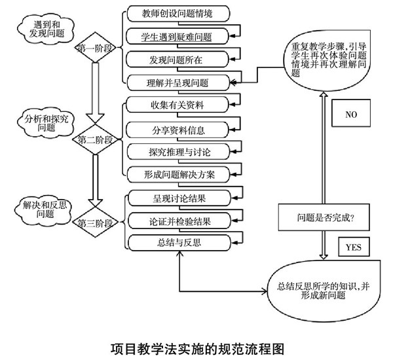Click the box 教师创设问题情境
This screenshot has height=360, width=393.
[177, 13]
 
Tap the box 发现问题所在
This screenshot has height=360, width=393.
[177, 60]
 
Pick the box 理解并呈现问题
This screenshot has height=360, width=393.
[177, 83]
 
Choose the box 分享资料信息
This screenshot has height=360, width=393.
[177, 128]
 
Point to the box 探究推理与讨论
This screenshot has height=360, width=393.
[177, 151]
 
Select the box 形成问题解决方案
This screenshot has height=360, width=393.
[177, 174]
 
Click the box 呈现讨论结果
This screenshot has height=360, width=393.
[177, 197]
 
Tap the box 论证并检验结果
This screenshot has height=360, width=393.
[177, 220]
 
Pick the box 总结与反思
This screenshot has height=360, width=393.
[177, 243]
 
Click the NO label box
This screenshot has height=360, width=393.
[352, 115]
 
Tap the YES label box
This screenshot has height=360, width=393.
[354, 247]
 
